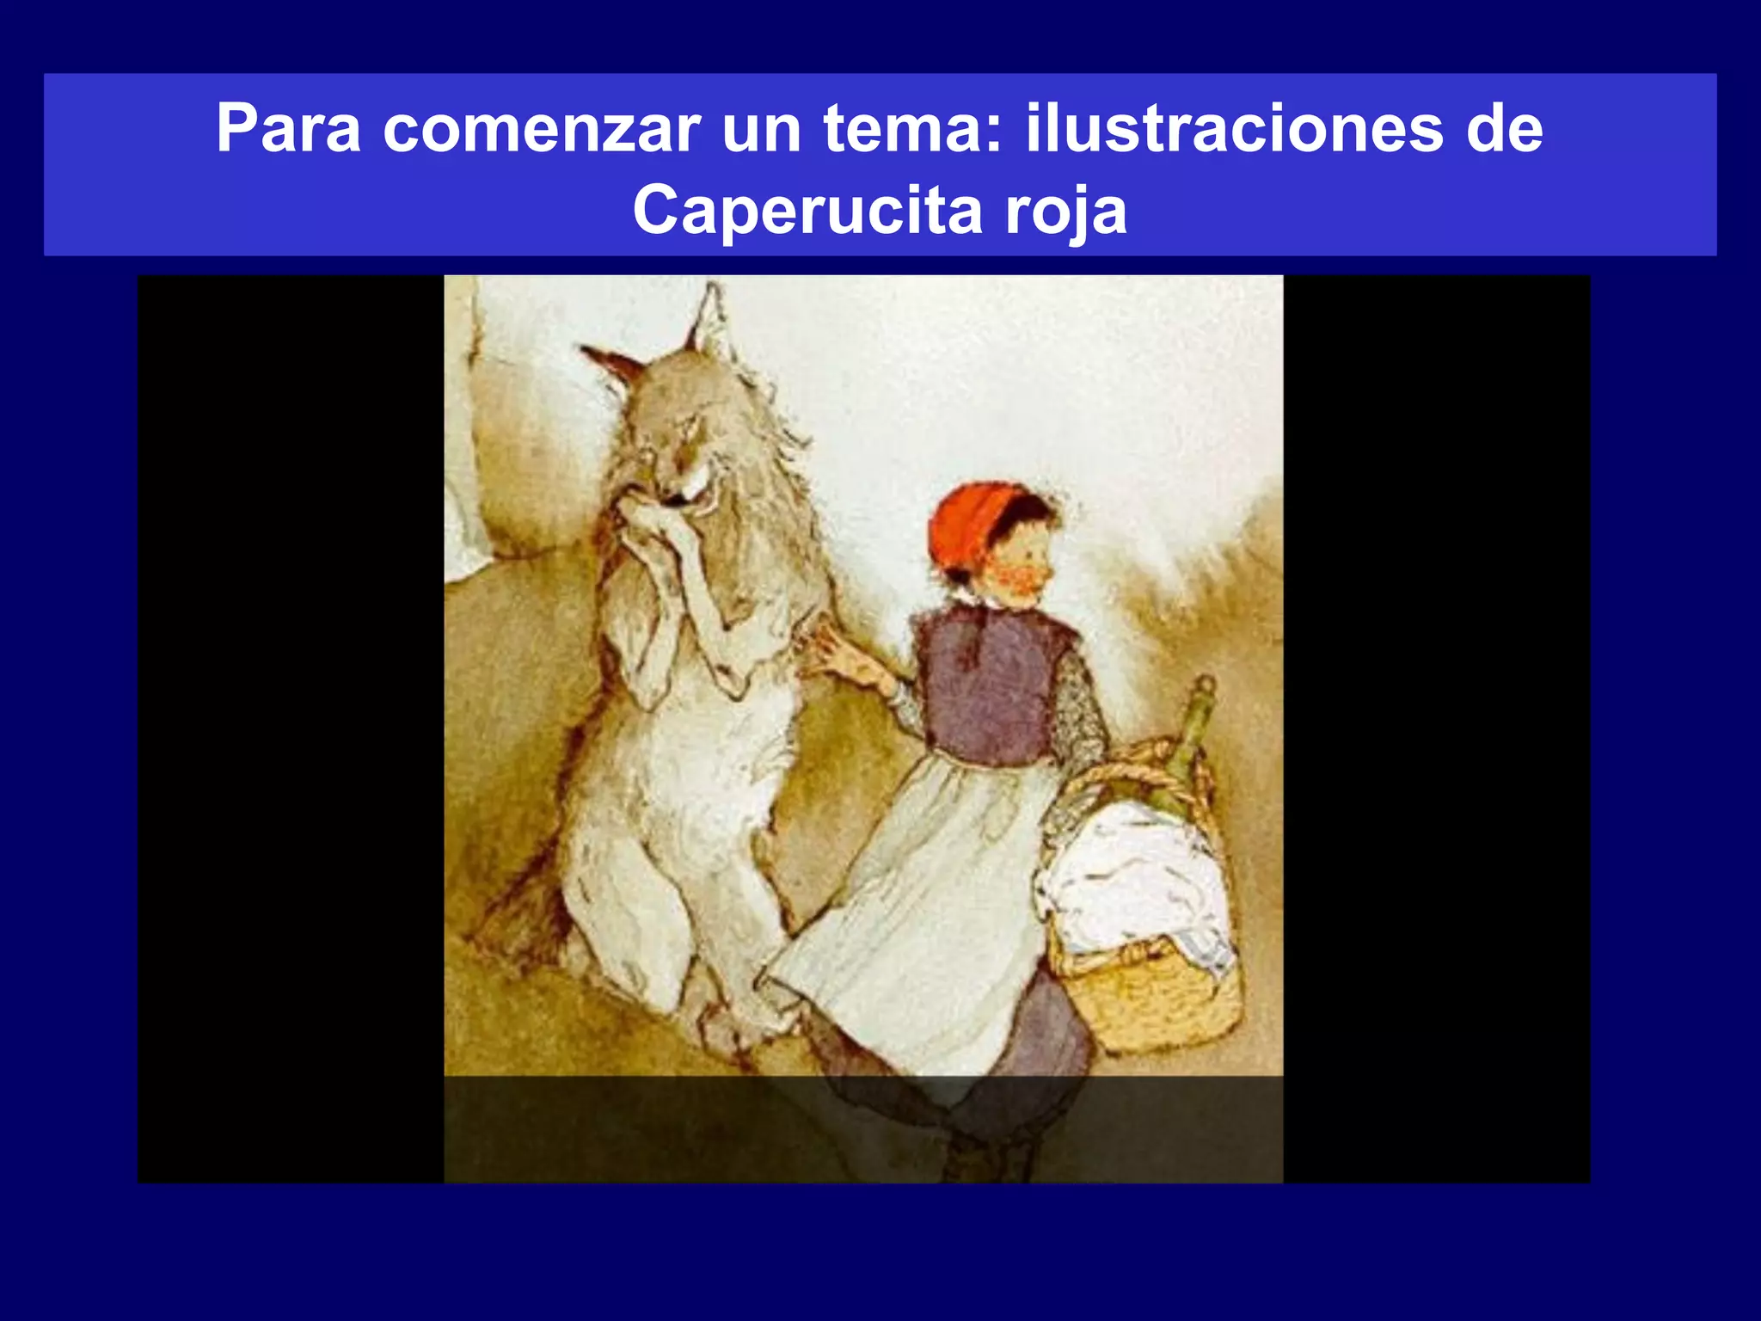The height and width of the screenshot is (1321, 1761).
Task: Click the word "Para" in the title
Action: (x=288, y=129)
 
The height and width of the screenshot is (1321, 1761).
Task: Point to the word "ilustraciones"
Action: (x=1235, y=129)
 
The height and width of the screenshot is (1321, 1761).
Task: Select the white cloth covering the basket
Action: (x=1135, y=886)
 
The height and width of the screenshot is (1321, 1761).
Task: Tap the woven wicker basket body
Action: (x=1152, y=998)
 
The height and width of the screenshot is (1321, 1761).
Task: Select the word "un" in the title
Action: (x=761, y=129)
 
